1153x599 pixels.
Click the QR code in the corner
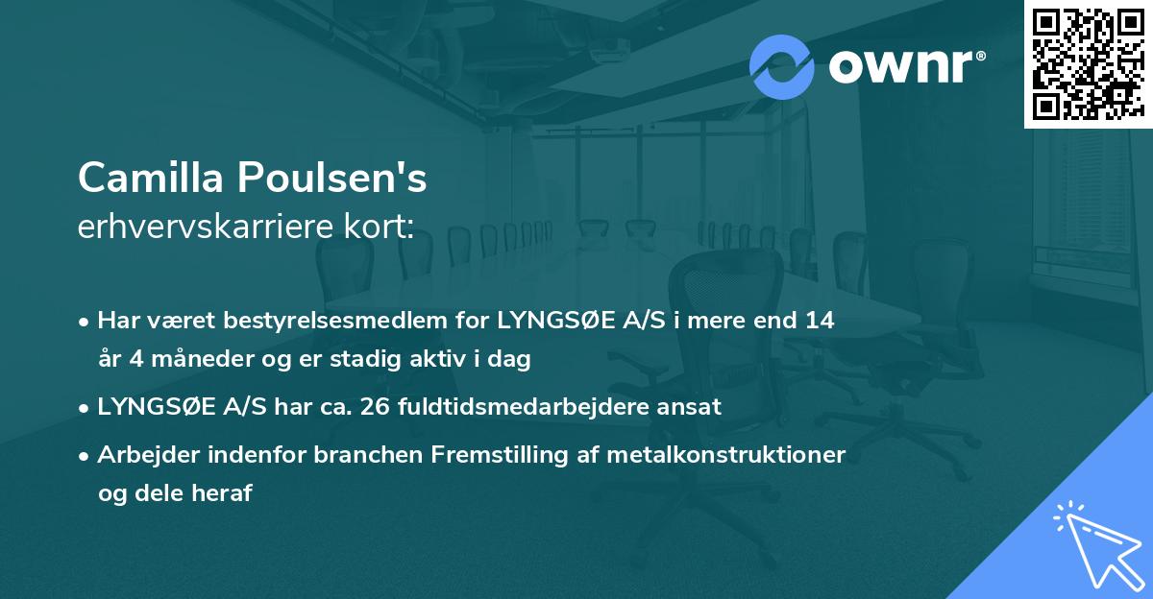point(1088,64)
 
